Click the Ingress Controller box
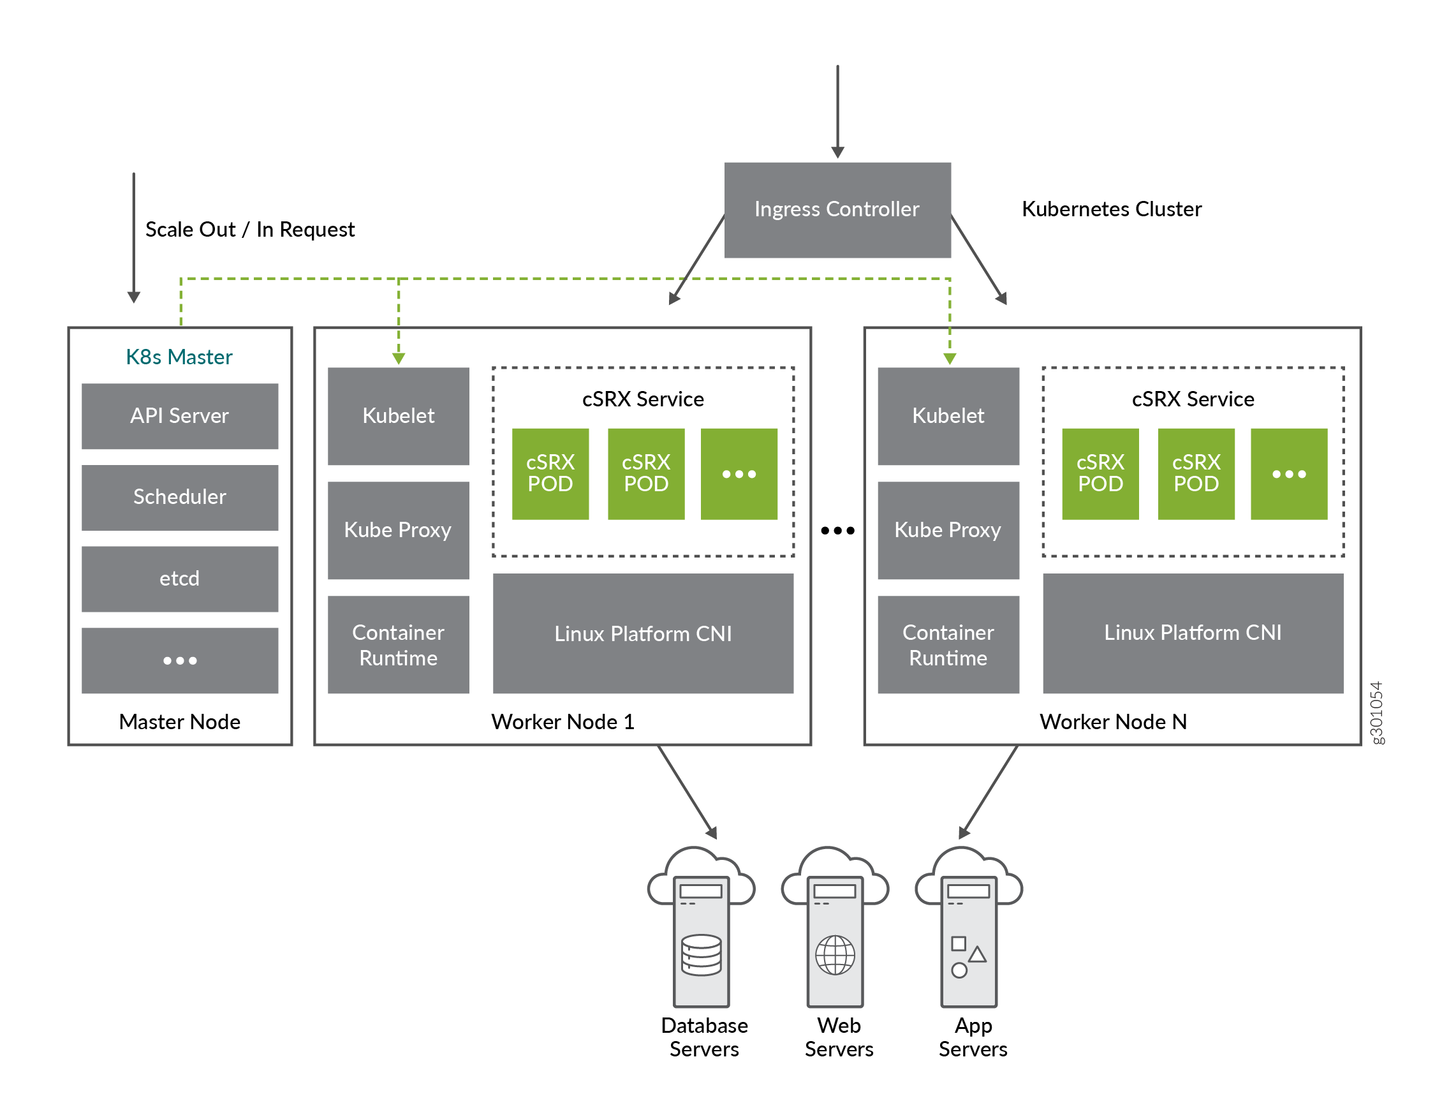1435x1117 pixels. [x=836, y=210]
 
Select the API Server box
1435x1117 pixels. [x=179, y=416]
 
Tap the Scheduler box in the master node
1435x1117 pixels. [x=179, y=498]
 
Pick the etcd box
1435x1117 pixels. [x=179, y=579]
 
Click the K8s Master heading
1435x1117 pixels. [x=179, y=357]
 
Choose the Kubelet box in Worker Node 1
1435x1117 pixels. [x=398, y=416]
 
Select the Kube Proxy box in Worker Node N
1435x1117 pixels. [x=948, y=530]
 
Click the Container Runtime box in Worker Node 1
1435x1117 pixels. [x=398, y=644]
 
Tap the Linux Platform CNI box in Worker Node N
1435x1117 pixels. [x=1192, y=633]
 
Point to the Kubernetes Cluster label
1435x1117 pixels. [x=1111, y=209]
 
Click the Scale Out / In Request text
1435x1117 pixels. [x=249, y=229]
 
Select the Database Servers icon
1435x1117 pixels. [x=701, y=933]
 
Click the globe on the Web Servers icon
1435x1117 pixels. [x=834, y=955]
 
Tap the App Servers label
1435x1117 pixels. [x=973, y=1037]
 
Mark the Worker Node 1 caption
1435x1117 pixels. [x=563, y=721]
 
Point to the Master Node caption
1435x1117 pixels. [x=179, y=721]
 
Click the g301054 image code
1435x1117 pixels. [x=1376, y=713]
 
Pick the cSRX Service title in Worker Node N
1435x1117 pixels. [x=1193, y=399]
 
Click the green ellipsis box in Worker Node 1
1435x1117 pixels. [x=739, y=474]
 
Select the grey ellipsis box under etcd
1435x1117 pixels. [x=179, y=660]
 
